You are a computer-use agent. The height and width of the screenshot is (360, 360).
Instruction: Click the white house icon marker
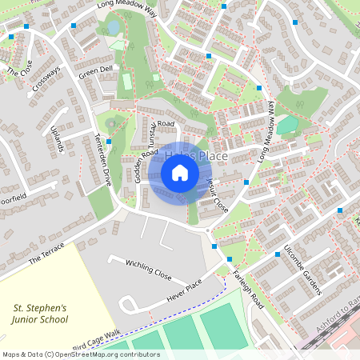[180, 172]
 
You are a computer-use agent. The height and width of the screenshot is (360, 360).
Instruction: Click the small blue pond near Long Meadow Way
[114, 28]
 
